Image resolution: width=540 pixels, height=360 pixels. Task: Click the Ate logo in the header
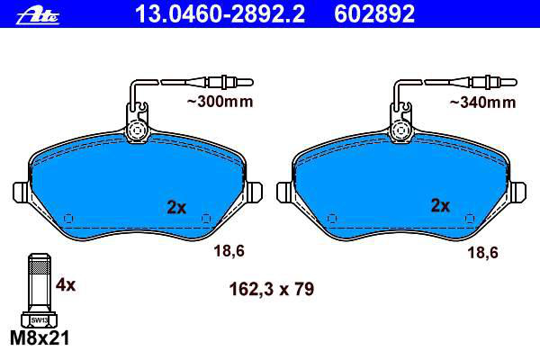click(38, 16)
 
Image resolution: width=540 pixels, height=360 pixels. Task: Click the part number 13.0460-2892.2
click(220, 13)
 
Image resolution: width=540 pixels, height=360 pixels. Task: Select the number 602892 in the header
click(374, 13)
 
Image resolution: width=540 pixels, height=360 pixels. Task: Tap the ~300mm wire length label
click(220, 102)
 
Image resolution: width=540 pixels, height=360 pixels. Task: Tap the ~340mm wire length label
click(482, 103)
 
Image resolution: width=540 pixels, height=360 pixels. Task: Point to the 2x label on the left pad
click(176, 207)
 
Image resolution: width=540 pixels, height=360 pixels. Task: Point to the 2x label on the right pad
click(440, 206)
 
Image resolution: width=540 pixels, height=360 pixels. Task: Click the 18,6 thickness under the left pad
click(229, 250)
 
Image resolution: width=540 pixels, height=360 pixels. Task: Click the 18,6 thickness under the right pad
click(482, 253)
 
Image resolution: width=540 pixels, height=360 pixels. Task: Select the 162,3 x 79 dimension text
click(272, 289)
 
